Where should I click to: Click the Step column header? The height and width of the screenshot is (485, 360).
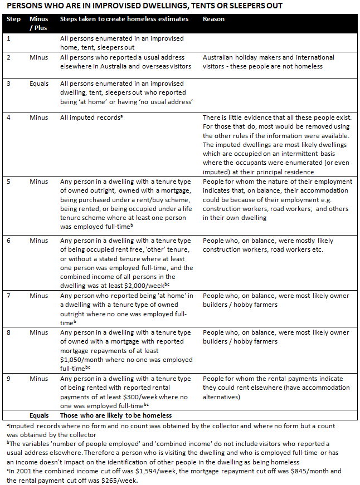pos(13,19)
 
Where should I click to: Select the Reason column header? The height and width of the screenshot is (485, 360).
pos(213,19)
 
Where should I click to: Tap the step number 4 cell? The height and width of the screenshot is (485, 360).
pos(8,117)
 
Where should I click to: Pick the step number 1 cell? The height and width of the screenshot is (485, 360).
pos(8,38)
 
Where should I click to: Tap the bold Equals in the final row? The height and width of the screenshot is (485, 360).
pos(38,415)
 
